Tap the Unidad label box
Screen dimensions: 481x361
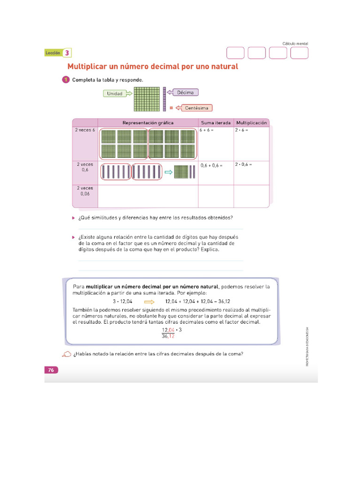pos(115,93)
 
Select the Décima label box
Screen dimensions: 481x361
pos(186,93)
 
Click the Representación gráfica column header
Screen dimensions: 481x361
pos(148,123)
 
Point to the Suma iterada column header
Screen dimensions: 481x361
pos(216,123)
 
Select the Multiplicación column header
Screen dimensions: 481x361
pos(251,123)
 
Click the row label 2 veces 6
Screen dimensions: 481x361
pos(85,130)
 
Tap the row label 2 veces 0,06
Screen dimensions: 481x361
pos(85,191)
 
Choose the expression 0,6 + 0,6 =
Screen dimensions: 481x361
pos(212,165)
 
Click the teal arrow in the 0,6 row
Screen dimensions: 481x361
pos(168,172)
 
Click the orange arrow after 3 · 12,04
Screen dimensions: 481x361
pos(149,302)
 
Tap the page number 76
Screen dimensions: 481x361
pos(51,370)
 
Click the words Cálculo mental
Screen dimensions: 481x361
pos(295,44)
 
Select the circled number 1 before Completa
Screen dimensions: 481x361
pos(66,80)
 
